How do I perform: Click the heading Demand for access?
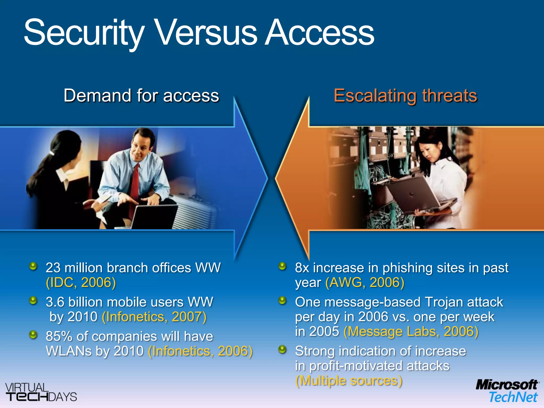141,95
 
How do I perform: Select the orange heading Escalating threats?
405,95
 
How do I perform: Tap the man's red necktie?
135,181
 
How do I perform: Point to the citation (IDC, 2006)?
81,282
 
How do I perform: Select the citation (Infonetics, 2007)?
154,317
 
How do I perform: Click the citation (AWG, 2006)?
365,282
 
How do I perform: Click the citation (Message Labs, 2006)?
411,331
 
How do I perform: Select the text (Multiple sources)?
349,381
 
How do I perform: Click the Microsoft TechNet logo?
507,391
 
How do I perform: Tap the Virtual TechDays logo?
40,392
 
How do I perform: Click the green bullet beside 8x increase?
283,266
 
